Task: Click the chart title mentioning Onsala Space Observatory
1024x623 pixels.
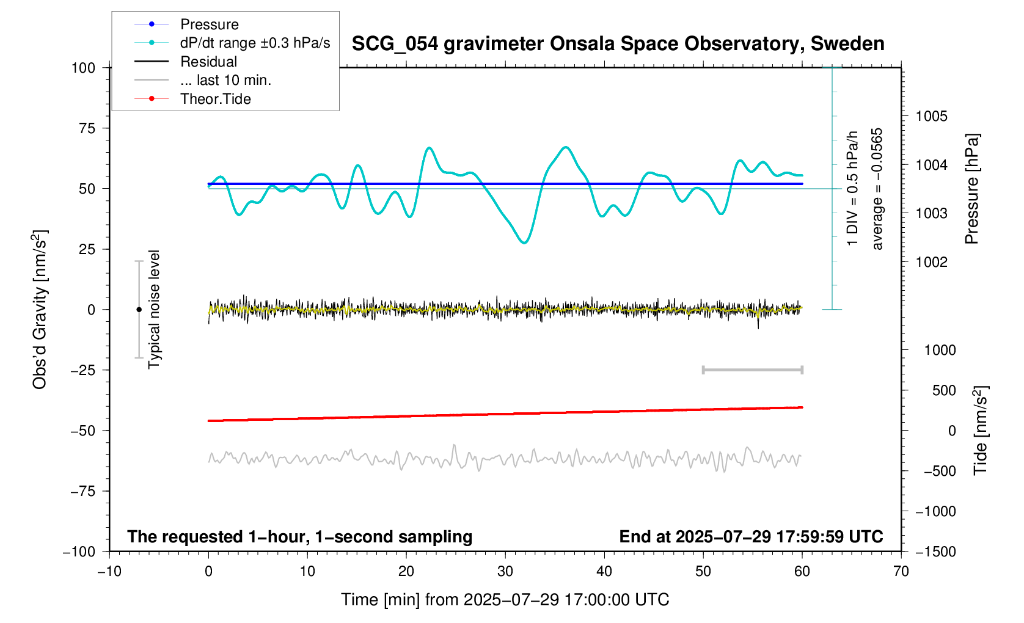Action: [618, 44]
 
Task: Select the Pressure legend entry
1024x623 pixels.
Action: [209, 24]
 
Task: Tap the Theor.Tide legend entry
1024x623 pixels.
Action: [215, 99]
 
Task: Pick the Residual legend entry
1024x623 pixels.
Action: [208, 62]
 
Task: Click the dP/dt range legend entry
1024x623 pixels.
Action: [255, 43]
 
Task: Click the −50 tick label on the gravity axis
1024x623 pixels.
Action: [83, 431]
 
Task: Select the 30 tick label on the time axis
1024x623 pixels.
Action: [505, 572]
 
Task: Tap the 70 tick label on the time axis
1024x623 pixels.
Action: [901, 572]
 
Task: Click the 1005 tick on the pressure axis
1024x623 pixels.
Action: [932, 117]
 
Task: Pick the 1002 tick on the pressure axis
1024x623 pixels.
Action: [932, 262]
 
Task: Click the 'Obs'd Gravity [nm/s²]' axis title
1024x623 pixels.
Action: [40, 310]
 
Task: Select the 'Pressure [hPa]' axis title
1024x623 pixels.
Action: [971, 189]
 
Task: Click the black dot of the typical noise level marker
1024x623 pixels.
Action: [139, 310]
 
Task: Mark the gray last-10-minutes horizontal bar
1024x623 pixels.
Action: [753, 370]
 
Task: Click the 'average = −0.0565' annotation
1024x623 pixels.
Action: [877, 189]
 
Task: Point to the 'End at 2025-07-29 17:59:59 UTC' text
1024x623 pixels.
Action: [751, 537]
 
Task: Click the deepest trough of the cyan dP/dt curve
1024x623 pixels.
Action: [524, 243]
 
